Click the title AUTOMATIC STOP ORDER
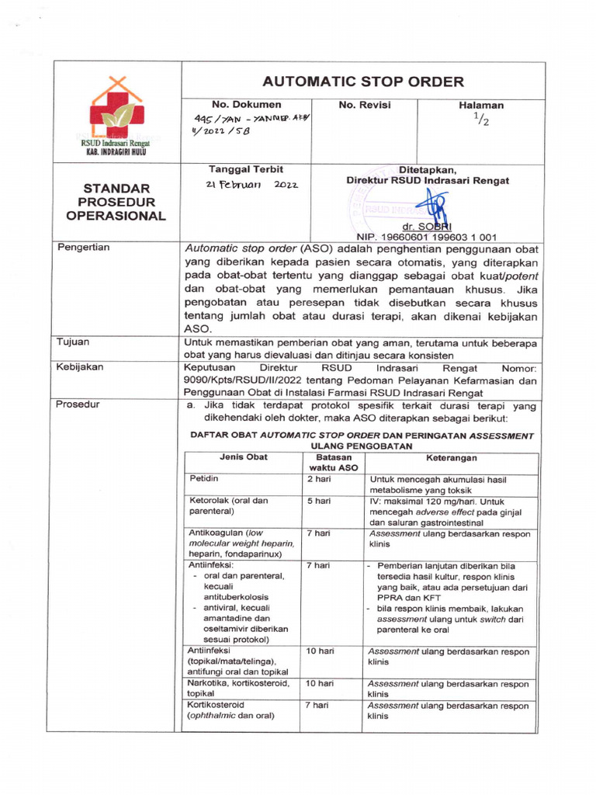point(362,82)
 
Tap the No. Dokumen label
point(246,105)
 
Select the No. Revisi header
point(364,105)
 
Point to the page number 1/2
point(481,119)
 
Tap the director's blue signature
point(430,207)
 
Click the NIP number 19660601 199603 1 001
point(427,238)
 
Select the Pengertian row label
point(85,248)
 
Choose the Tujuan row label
point(74,342)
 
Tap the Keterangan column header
point(452,457)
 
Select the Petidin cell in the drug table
point(204,480)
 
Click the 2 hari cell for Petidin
point(320,480)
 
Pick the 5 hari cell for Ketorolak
point(320,501)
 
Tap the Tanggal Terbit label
point(246,169)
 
